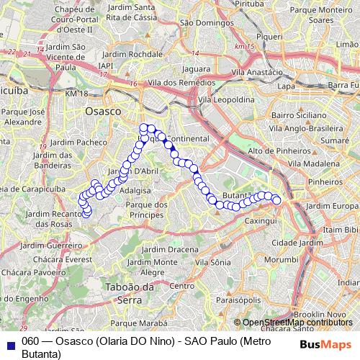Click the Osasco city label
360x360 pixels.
(102, 112)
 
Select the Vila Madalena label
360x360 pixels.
(315, 163)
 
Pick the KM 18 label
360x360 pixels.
(76, 94)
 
